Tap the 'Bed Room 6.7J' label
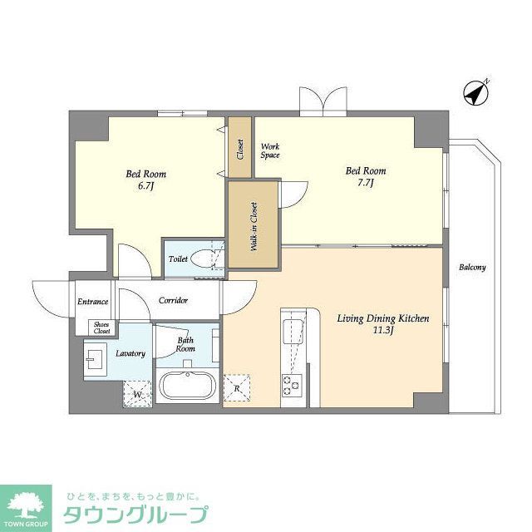point(145,180)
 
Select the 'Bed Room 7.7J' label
point(366,177)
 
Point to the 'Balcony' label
point(472,268)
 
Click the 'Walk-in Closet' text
point(253,227)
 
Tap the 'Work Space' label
point(269,150)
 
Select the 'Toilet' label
point(178,259)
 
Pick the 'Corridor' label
point(173,300)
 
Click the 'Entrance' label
point(93,301)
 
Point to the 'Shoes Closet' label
point(101,328)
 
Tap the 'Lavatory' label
point(131,354)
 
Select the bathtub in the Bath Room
point(187,387)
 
